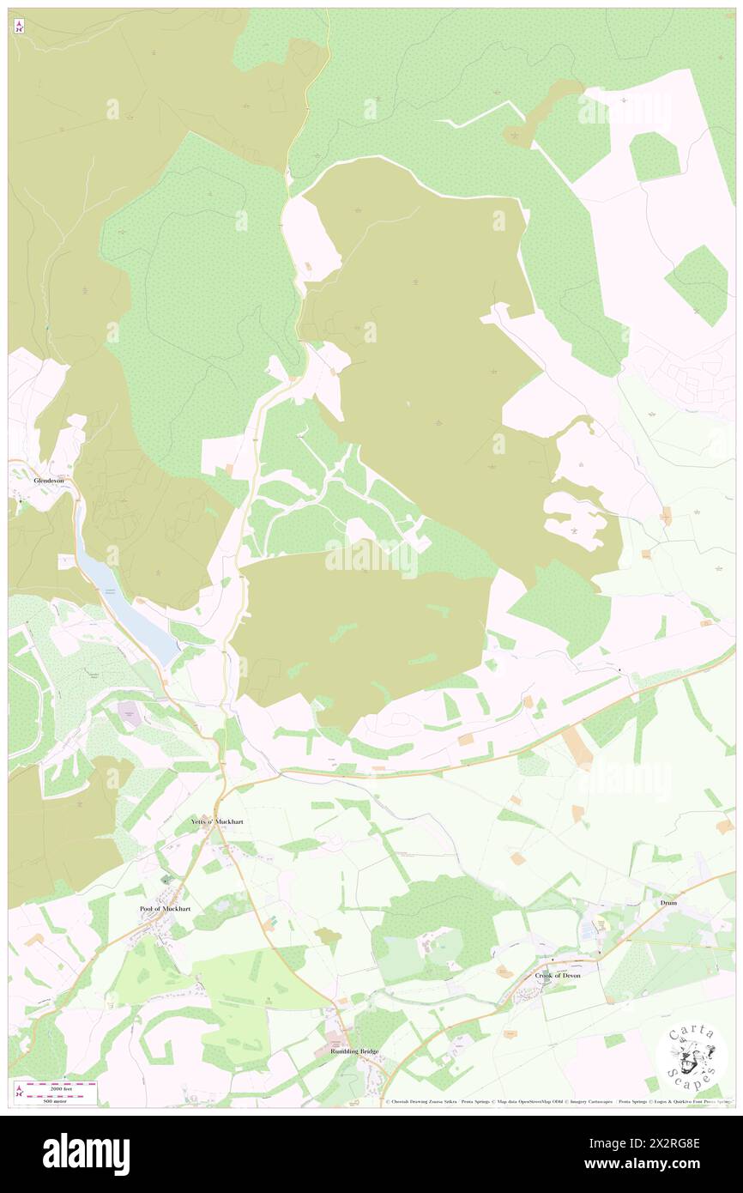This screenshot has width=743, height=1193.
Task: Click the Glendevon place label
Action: (48, 481)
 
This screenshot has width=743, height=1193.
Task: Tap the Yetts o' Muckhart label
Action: (216, 821)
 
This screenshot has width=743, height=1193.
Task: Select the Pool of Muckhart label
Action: (163, 908)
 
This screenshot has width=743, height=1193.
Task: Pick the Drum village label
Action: (668, 903)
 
